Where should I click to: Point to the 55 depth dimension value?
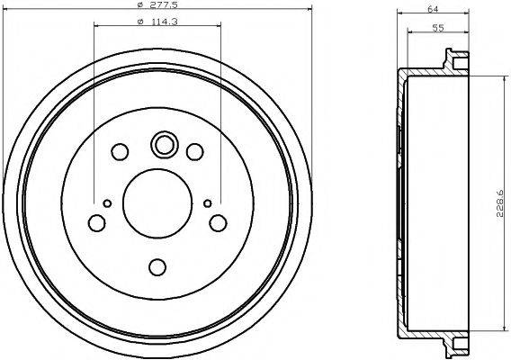pos(436,27)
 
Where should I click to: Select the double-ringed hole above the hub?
pos(165,144)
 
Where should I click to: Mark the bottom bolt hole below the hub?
pos(157,266)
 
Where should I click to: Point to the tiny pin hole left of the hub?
pos(107,203)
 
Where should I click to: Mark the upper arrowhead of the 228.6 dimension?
pos(494,80)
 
